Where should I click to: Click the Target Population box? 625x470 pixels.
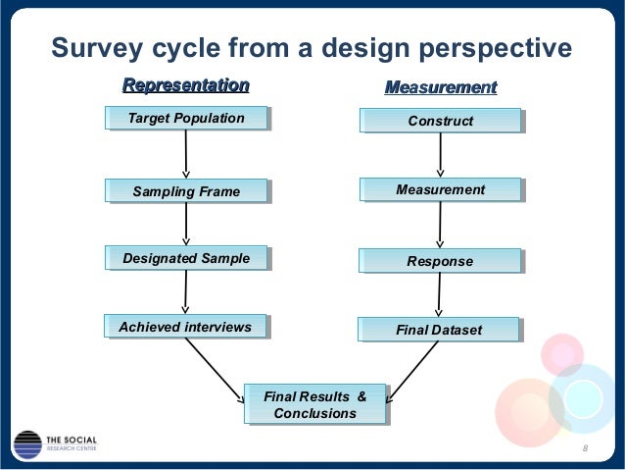[x=186, y=120]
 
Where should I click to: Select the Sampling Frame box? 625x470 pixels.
[x=186, y=191]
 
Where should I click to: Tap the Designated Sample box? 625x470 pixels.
[x=186, y=259]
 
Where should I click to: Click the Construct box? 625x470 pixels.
[x=440, y=121]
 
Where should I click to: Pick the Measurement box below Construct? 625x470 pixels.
[x=440, y=187]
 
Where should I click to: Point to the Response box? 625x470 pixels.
[x=440, y=261]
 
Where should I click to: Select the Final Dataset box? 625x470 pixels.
[x=440, y=331]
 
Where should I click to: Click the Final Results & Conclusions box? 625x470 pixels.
[x=315, y=405]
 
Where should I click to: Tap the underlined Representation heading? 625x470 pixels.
[x=184, y=85]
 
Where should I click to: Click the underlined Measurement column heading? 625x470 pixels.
[x=441, y=89]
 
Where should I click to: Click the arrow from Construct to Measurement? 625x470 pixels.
[x=440, y=154]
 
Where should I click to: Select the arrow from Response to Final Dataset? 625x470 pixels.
[x=440, y=295]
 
